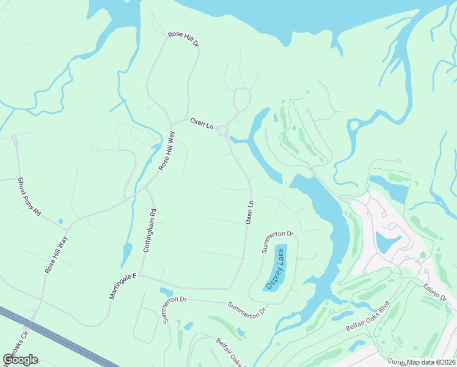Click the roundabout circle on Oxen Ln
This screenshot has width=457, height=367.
222,130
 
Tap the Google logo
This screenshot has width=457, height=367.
21,359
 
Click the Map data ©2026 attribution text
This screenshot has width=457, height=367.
431,361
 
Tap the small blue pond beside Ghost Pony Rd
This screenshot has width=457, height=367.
60,221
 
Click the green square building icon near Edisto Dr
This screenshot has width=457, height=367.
422,254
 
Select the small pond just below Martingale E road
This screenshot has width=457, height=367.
166,291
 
